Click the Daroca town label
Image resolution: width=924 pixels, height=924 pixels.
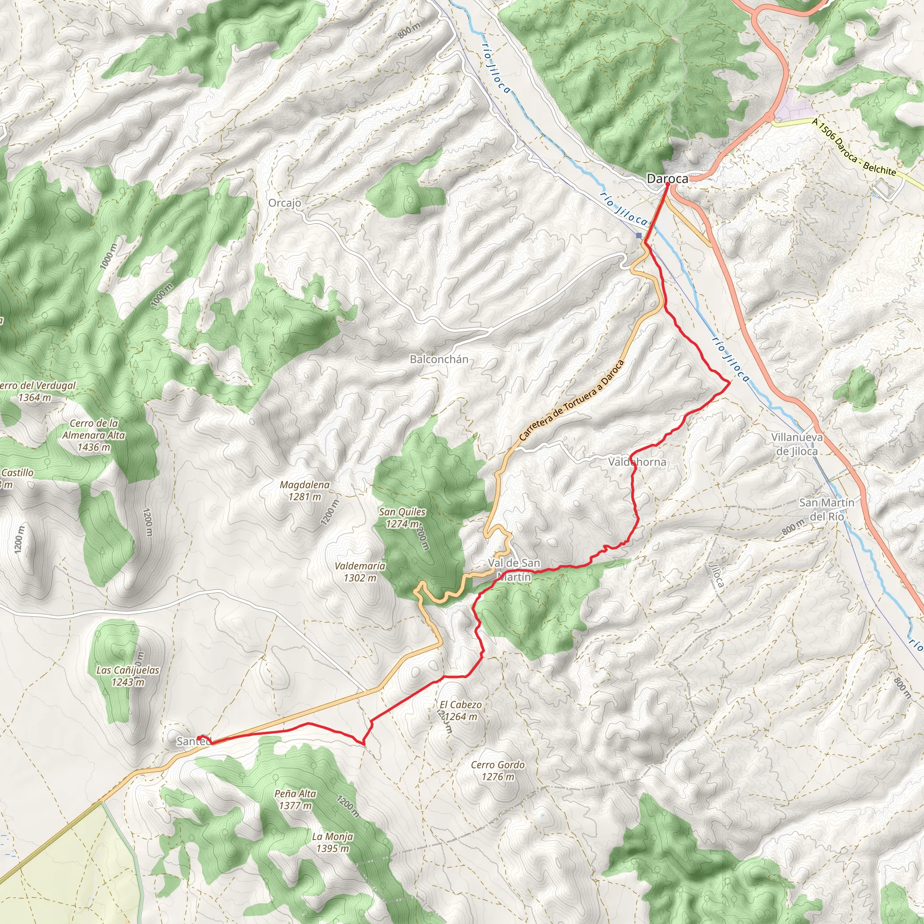tap(667, 179)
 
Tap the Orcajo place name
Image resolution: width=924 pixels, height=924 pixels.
tap(285, 203)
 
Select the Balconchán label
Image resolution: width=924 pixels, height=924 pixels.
tap(439, 359)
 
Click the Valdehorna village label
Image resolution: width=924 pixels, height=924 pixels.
tap(637, 462)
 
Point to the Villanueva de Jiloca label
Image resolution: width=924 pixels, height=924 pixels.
tap(797, 444)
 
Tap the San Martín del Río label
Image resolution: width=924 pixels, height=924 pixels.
tap(827, 509)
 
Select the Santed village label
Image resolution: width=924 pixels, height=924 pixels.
tap(193, 741)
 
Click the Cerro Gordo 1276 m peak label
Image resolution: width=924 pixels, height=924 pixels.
tap(497, 771)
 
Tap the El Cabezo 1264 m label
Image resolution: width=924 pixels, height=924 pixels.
tap(461, 710)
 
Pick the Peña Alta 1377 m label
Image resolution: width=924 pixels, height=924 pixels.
tap(295, 799)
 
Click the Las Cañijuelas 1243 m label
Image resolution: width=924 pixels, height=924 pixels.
tap(128, 676)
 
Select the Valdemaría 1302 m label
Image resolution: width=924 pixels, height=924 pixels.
tap(360, 572)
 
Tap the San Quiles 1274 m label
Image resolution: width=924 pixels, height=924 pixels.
tap(402, 517)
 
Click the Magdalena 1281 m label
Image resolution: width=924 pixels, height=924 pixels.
tap(305, 490)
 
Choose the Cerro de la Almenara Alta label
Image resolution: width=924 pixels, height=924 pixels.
tap(94, 435)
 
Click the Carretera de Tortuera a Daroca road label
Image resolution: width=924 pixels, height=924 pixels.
tap(572, 400)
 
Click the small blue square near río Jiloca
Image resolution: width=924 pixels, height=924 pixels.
tap(639, 236)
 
